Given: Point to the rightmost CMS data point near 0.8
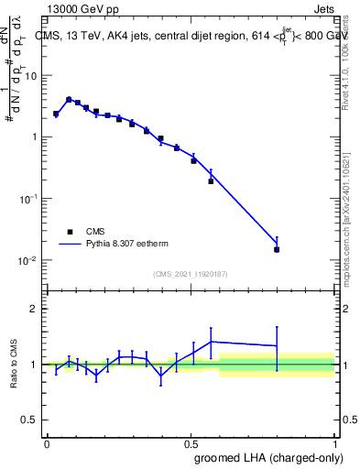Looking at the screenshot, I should point(277,249).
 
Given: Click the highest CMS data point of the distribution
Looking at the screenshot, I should point(69,100).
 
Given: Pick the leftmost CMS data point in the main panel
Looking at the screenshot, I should point(56,115).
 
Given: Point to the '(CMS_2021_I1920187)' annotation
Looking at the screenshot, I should point(191,273).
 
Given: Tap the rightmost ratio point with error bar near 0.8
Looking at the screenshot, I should point(277,345).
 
